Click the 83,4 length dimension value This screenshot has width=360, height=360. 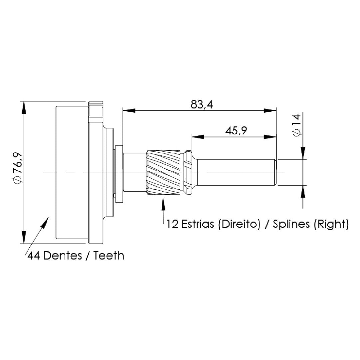(x=202, y=105)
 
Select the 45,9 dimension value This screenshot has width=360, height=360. (x=236, y=131)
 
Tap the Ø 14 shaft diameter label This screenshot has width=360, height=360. (x=296, y=125)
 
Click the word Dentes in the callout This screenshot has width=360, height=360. (x=63, y=256)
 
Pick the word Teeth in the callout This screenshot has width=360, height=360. (x=108, y=256)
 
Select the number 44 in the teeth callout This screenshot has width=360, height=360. (x=34, y=256)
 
